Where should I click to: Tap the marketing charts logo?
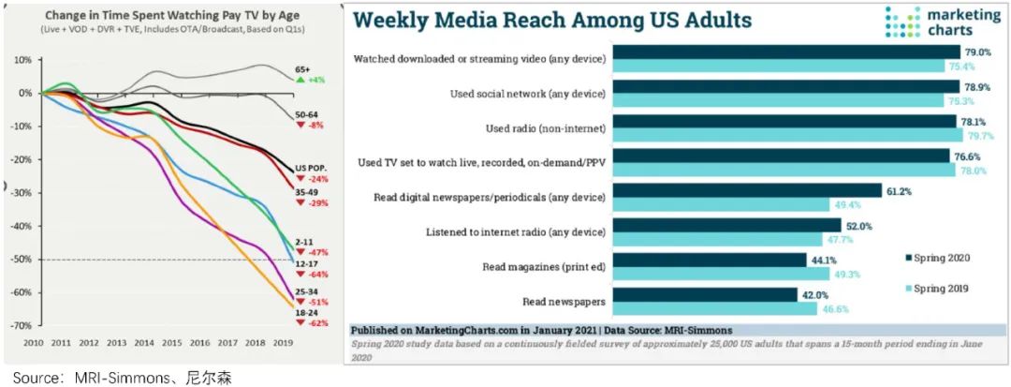(x=937, y=22)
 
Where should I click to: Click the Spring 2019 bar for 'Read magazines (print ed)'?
(x=719, y=274)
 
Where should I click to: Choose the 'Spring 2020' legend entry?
(x=945, y=257)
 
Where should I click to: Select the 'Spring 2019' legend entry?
(x=945, y=290)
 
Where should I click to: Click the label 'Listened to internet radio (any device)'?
(x=520, y=231)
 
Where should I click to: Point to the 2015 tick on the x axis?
(x=172, y=343)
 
